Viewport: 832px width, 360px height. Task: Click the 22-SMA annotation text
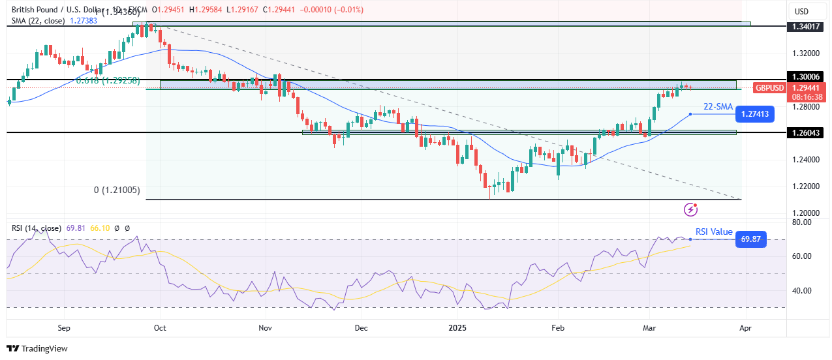[x=718, y=106]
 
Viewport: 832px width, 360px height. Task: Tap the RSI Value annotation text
[x=713, y=232]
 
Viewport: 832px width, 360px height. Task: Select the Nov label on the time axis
[x=265, y=329]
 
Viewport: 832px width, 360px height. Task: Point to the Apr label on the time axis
[x=745, y=329]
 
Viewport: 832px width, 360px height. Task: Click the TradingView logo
[x=38, y=348]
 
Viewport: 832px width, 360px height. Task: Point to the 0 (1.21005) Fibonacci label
[x=117, y=190]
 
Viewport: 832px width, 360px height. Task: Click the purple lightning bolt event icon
[x=691, y=209]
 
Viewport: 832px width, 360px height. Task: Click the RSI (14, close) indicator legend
[x=37, y=228]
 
